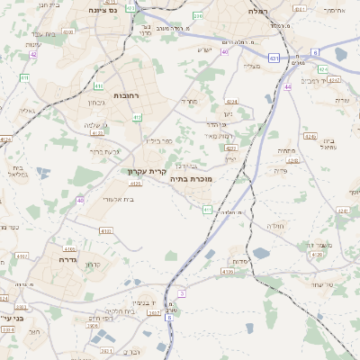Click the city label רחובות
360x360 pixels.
(125, 94)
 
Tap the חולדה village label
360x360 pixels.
(275, 226)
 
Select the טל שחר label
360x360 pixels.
(320, 285)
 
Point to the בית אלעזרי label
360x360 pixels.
(118, 199)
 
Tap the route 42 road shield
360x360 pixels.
(33, 54)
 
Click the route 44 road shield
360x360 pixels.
(287, 87)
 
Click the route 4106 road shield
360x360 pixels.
(228, 270)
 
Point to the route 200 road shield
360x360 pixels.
(198, 16)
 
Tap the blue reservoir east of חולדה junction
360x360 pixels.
(261, 253)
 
